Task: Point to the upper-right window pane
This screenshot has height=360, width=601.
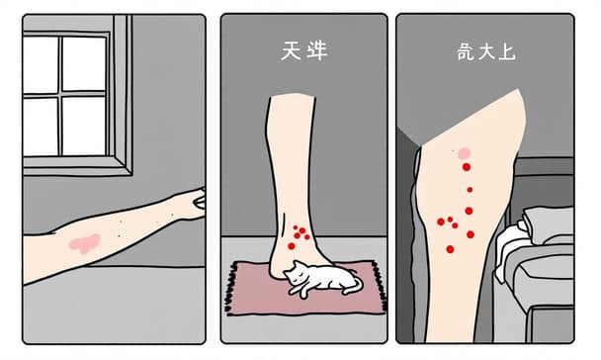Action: click(84, 61)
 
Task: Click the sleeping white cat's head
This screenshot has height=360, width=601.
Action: click(297, 273)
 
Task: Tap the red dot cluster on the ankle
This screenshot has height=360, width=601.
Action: click(299, 235)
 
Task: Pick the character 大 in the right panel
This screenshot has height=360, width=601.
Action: click(486, 50)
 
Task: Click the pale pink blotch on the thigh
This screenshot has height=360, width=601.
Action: click(463, 152)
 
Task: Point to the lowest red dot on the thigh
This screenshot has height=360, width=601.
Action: click(451, 248)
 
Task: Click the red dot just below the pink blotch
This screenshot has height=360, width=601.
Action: click(467, 168)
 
